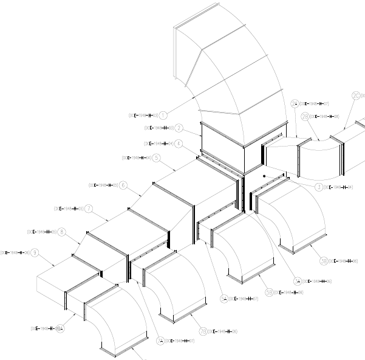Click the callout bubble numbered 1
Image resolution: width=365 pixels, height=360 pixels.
click(163, 114)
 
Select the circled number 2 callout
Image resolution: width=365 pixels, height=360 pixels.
click(179, 128)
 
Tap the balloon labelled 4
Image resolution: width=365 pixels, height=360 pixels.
click(178, 144)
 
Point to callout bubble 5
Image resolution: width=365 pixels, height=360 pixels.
click(156, 157)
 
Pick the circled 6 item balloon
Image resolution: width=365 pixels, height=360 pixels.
click(123, 185)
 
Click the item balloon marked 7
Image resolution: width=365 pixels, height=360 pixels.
click(89, 209)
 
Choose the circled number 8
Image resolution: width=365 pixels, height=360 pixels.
click(62, 232)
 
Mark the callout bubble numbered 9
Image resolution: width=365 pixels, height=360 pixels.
click(35, 252)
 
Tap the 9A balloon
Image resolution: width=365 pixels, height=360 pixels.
click(60, 329)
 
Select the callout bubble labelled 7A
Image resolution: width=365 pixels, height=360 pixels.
click(160, 341)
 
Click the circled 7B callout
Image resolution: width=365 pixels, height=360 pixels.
click(203, 331)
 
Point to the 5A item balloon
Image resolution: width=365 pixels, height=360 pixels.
click(224, 299)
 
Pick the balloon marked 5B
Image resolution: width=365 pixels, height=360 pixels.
click(269, 292)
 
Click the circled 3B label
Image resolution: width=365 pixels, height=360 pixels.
click(324, 261)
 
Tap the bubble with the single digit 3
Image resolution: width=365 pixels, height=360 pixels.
click(319, 187)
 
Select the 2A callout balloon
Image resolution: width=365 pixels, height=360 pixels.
click(295, 103)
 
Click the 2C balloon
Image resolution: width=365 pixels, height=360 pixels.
click(356, 95)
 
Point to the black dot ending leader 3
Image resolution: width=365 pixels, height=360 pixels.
click(265, 176)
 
